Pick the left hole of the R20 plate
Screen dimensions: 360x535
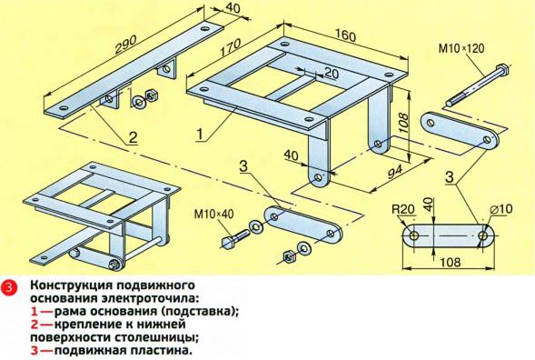tap(414, 236)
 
